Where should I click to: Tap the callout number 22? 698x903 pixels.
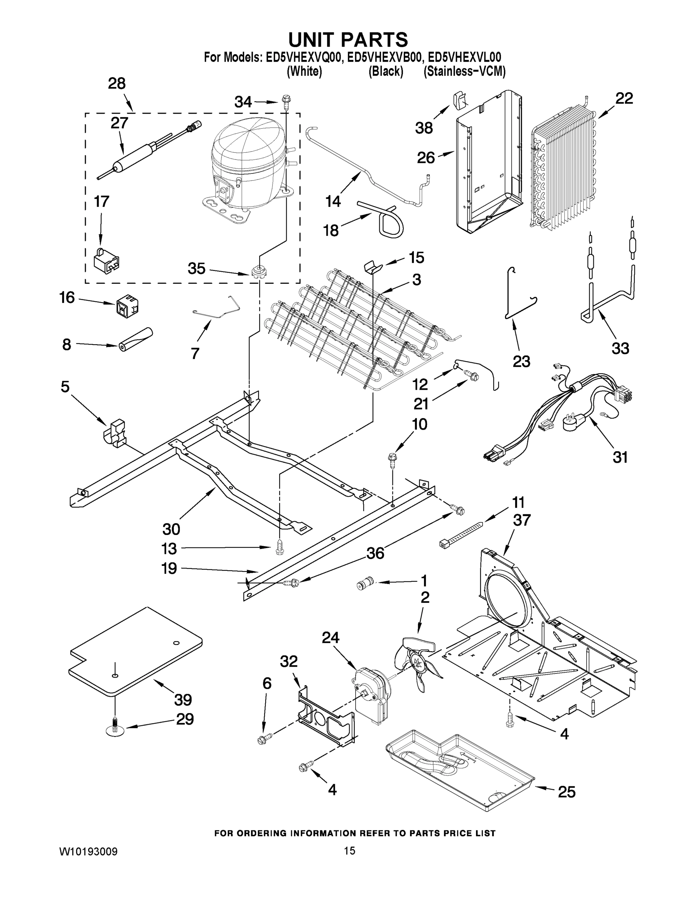click(x=624, y=99)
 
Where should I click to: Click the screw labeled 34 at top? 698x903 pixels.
click(x=285, y=100)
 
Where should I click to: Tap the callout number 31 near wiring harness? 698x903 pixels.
click(x=620, y=457)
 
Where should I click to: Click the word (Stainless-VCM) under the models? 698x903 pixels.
click(x=464, y=71)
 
